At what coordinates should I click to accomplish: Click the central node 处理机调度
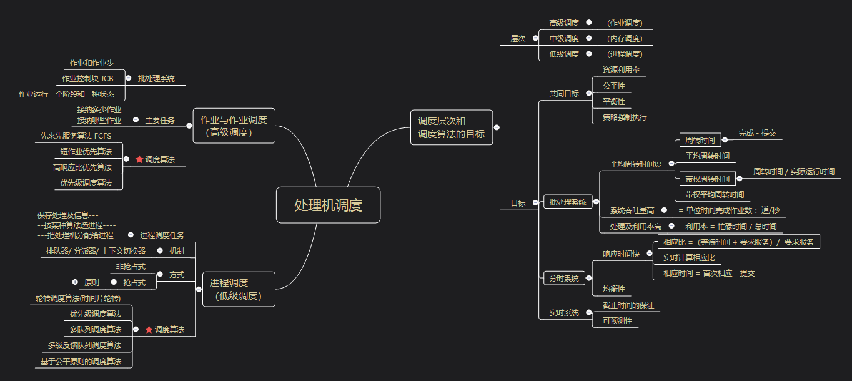pos(328,205)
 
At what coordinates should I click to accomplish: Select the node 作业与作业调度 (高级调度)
pos(234,126)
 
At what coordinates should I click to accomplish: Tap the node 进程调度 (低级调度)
pos(238,289)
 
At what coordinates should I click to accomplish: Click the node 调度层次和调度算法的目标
pos(451,127)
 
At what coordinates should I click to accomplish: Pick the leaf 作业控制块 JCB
pos(87,79)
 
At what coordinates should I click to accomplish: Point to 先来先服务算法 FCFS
pos(76,136)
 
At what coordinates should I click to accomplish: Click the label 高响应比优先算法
pos(82,167)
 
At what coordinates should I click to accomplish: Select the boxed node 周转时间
pos(700,140)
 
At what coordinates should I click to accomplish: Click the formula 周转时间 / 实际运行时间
pos(793,172)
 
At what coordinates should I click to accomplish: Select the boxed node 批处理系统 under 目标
pos(568,202)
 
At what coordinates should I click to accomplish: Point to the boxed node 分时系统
pos(564,279)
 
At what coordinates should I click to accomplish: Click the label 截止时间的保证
pos(628,305)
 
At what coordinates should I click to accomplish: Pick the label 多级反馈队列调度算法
pos(85,345)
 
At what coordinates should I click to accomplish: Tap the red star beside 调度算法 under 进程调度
pos(149,329)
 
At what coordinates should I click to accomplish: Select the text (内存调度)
pos(625,39)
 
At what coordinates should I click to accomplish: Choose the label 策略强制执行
pos(625,117)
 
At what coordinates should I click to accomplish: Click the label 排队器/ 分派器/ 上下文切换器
pos(96,250)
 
